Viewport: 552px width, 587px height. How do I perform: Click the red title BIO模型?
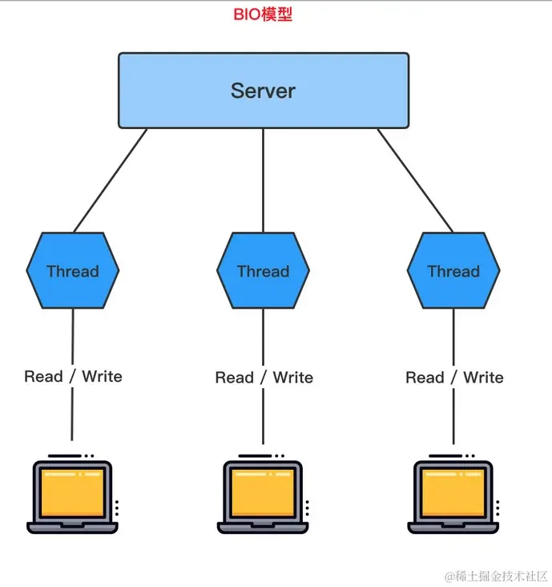(263, 14)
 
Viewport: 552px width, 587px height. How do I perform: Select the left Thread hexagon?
(73, 271)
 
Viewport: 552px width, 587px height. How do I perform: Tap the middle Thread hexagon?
(263, 271)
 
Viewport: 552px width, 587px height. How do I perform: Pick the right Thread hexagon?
(453, 271)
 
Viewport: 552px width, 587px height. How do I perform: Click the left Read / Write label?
(73, 376)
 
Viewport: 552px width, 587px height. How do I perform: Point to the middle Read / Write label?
(264, 377)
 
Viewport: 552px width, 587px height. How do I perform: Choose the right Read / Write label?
(454, 377)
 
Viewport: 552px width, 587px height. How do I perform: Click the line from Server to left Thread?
(111, 180)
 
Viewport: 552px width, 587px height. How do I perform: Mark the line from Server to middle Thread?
(263, 180)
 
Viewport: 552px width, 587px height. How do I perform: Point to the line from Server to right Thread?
(415, 180)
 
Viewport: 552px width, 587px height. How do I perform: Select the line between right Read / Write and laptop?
(453, 417)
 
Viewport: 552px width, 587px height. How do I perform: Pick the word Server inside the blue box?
(263, 91)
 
